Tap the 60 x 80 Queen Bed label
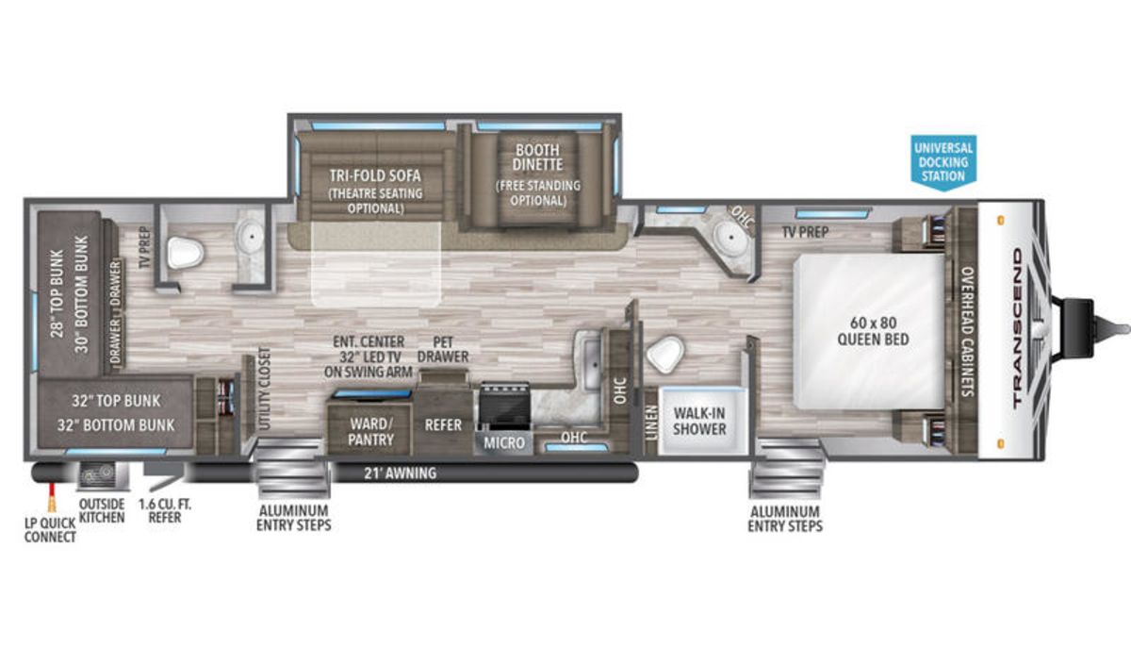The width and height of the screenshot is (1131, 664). [x=873, y=331]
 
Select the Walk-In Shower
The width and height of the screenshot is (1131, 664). [x=699, y=421]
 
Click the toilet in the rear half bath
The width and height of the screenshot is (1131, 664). [x=185, y=253]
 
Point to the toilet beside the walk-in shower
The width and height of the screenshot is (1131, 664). [x=665, y=354]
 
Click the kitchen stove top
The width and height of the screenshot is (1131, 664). [x=504, y=405]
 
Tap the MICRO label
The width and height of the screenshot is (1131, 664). [x=504, y=443]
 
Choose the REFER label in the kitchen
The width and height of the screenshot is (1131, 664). [x=443, y=425]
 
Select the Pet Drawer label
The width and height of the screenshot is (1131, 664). [x=443, y=349]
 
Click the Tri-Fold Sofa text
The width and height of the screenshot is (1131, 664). [x=375, y=175]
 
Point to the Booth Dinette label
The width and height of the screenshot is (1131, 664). [x=538, y=158]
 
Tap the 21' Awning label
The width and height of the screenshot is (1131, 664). [x=401, y=473]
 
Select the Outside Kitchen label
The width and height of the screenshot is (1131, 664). [x=102, y=511]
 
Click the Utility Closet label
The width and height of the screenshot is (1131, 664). [x=264, y=388]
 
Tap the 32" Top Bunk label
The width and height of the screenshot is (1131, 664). [x=116, y=401]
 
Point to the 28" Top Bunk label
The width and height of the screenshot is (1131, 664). [x=57, y=293]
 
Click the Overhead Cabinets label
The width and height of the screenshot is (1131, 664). [x=967, y=331]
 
